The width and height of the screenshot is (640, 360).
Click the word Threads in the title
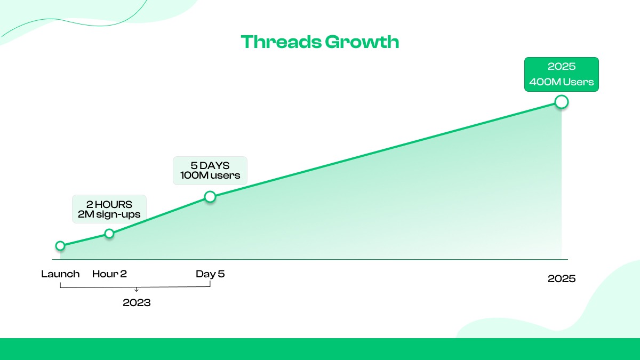[x=281, y=42]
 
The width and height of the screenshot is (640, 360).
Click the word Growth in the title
[x=362, y=42]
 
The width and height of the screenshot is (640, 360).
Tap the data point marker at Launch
[x=60, y=246]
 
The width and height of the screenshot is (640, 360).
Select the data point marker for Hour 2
[x=109, y=234]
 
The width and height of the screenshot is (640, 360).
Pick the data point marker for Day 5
[x=210, y=197]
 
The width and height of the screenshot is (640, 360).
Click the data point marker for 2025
[x=562, y=102]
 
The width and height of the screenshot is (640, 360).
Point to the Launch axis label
[x=60, y=274]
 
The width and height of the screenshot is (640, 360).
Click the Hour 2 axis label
[x=109, y=274]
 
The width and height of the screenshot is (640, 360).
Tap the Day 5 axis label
[x=210, y=274]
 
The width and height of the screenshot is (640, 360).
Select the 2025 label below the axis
[x=562, y=278]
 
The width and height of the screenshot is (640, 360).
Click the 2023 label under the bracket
[x=137, y=302]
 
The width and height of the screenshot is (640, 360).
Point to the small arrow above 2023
[x=137, y=290]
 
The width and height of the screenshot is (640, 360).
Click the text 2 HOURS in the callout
[x=109, y=205]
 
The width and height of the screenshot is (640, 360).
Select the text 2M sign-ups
[x=109, y=214]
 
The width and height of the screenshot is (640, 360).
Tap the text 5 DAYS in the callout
[x=210, y=166]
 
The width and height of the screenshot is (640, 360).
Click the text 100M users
[x=210, y=175]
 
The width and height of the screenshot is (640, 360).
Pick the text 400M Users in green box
[x=562, y=82]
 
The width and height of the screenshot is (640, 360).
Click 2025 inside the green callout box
[x=562, y=66]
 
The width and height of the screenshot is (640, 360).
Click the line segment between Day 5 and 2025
[x=386, y=149]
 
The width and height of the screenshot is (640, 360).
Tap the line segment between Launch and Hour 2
[x=85, y=239]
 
